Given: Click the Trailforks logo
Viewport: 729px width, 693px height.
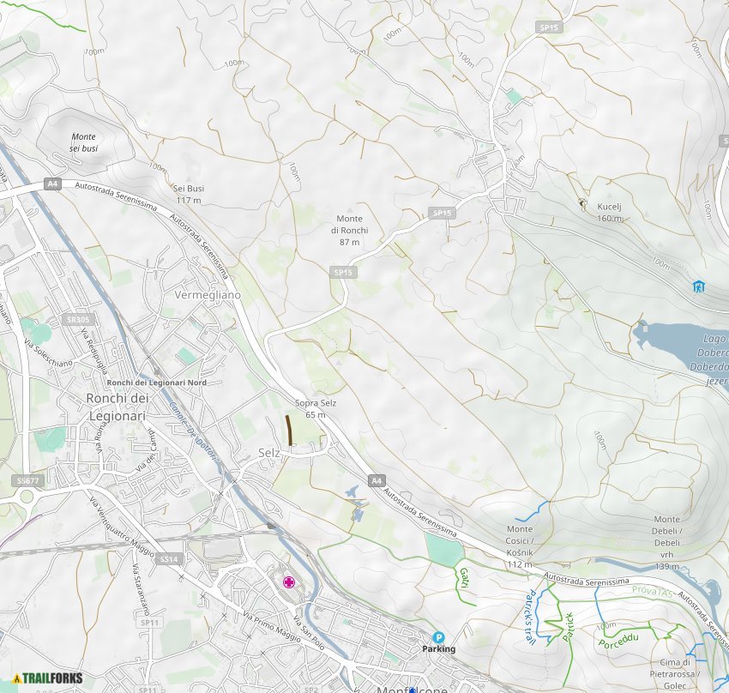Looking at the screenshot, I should pyautogui.click(x=48, y=678).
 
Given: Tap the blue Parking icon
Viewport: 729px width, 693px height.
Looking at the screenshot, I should pyautogui.click(x=438, y=637).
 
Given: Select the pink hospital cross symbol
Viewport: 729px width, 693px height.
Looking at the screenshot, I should pyautogui.click(x=290, y=582).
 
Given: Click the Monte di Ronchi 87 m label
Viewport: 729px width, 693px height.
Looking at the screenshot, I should pyautogui.click(x=349, y=230).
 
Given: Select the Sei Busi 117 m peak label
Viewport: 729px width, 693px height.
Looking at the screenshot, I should pyautogui.click(x=188, y=194).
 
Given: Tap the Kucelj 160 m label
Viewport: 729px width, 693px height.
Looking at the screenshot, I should pyautogui.click(x=609, y=213).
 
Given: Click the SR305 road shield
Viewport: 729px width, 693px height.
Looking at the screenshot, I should pyautogui.click(x=77, y=320).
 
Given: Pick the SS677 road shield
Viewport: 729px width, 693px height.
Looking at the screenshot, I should pyautogui.click(x=27, y=481).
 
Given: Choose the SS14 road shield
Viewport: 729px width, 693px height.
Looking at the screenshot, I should pyautogui.click(x=168, y=558).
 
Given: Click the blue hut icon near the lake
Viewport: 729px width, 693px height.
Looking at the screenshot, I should pyautogui.click(x=699, y=286).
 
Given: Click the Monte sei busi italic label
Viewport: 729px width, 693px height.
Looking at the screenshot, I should pyautogui.click(x=84, y=142).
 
